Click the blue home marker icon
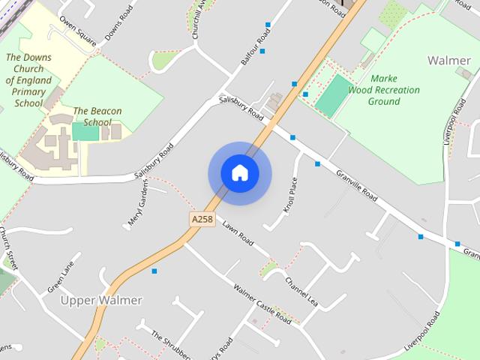(x=240, y=173)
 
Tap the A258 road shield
(x=202, y=219)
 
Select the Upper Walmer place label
(x=101, y=300)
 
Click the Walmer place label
(x=448, y=59)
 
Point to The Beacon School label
(x=97, y=116)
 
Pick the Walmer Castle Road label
(x=262, y=303)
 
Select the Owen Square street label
(x=78, y=30)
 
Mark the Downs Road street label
(x=118, y=27)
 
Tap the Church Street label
(x=11, y=250)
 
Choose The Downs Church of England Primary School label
(x=28, y=80)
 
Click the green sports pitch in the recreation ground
(x=332, y=95)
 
